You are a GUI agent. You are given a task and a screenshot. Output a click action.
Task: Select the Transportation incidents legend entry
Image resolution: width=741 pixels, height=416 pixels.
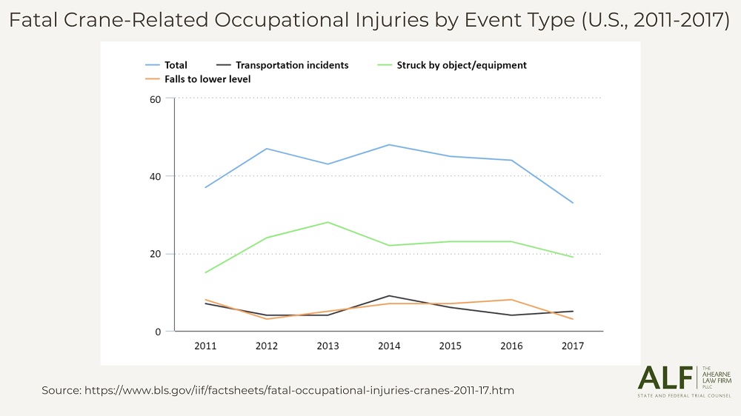(282, 65)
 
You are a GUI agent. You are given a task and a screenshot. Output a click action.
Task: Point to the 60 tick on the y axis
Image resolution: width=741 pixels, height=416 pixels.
(156, 98)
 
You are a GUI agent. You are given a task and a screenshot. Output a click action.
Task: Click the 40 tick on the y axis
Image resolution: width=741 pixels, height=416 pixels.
(156, 176)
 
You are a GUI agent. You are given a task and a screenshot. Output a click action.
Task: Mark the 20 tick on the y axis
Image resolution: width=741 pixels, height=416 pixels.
(156, 254)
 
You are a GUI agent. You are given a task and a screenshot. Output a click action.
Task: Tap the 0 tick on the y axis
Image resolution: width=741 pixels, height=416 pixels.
(158, 332)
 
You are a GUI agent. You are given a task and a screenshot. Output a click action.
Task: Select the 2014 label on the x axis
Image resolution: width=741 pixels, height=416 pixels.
(389, 346)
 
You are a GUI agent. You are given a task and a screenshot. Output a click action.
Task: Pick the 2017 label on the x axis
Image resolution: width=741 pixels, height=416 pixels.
(573, 346)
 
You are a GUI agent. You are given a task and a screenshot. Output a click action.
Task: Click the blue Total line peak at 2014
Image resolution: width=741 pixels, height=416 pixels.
(389, 144)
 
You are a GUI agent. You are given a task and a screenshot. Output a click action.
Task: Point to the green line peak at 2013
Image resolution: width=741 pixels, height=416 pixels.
(328, 222)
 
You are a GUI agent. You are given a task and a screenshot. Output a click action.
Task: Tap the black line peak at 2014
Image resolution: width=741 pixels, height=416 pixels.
(389, 296)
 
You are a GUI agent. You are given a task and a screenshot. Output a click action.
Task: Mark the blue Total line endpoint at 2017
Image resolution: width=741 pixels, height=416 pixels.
(573, 203)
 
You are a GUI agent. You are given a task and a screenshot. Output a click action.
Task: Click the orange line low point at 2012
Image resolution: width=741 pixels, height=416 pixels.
(266, 319)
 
